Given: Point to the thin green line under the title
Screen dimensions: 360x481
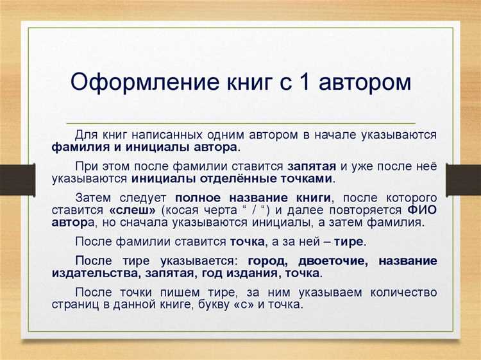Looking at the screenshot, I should (x=240, y=122).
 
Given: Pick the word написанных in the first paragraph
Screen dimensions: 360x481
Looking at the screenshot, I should (x=169, y=135).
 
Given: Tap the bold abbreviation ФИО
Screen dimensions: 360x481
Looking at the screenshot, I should (x=422, y=210).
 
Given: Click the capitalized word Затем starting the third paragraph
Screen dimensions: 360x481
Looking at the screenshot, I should (x=95, y=198).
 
